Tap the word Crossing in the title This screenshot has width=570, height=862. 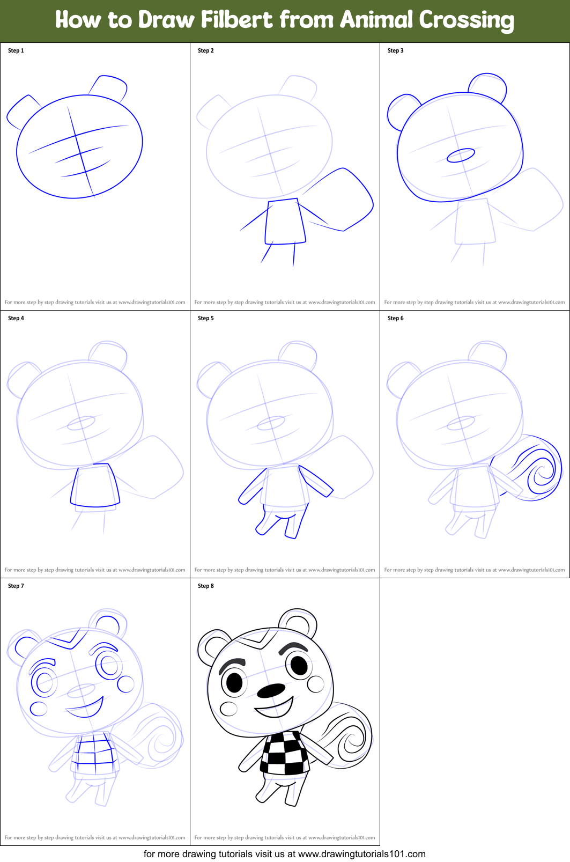tap(466, 20)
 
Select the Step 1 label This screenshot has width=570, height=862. tap(16, 50)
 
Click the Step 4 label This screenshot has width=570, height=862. tap(16, 318)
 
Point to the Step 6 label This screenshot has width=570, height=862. tap(396, 318)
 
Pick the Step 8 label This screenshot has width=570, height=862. tap(206, 586)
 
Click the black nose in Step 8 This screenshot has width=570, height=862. tap(271, 690)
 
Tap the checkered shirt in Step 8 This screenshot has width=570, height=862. tap(284, 754)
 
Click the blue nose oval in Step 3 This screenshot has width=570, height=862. tap(461, 156)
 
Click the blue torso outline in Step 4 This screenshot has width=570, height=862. tap(95, 485)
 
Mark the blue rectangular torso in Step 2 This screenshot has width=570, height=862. tap(285, 222)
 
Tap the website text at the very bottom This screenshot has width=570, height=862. tap(284, 854)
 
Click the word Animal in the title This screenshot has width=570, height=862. tap(376, 20)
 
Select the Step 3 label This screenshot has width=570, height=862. tap(396, 50)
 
